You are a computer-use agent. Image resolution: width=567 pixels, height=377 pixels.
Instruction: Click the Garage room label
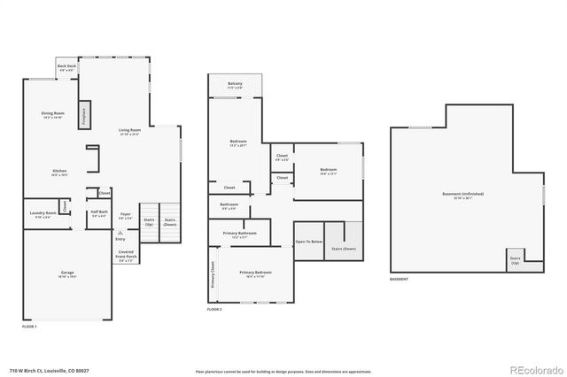67,275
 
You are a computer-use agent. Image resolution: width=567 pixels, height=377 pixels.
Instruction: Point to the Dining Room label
54,115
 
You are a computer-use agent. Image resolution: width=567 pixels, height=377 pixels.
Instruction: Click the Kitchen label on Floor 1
59,173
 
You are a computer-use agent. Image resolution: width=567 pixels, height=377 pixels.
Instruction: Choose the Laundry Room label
43,213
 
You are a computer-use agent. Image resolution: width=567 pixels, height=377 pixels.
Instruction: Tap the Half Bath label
98,213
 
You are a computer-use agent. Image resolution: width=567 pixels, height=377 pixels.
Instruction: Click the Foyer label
126,214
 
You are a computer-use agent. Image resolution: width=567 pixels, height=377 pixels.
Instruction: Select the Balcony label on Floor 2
235,85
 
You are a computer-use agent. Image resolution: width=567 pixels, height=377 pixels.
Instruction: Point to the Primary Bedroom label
255,273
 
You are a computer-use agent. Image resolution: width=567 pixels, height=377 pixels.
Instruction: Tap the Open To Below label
308,241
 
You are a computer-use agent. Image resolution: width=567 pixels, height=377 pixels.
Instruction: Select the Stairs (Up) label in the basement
515,261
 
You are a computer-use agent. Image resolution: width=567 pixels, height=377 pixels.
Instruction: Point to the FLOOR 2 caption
215,309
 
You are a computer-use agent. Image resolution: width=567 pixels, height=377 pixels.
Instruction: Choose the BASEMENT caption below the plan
399,280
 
